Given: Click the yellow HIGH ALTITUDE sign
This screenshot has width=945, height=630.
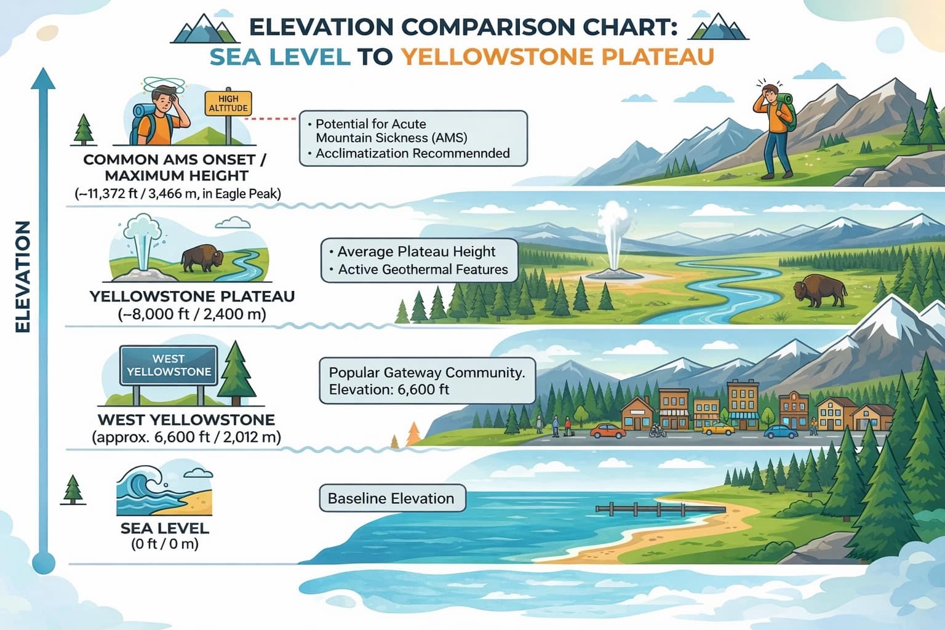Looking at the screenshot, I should tap(228, 103).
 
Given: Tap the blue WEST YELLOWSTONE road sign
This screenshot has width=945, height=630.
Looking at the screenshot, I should tap(169, 365).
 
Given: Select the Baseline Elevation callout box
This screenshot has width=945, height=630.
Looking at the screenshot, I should tap(391, 498).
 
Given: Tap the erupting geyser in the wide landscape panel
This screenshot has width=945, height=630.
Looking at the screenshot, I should tap(613, 240).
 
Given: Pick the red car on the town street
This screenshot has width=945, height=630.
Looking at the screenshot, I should tap(607, 430).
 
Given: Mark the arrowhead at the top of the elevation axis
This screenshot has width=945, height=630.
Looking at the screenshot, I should tap(43, 78).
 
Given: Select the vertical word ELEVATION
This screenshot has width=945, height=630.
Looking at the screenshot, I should tap(22, 277).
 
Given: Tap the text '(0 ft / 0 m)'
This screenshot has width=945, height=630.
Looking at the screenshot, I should tap(165, 544).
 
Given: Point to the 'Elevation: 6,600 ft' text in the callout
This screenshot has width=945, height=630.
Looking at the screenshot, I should tap(389, 389).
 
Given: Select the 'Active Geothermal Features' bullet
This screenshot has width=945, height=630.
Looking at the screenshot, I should tap(423, 269).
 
